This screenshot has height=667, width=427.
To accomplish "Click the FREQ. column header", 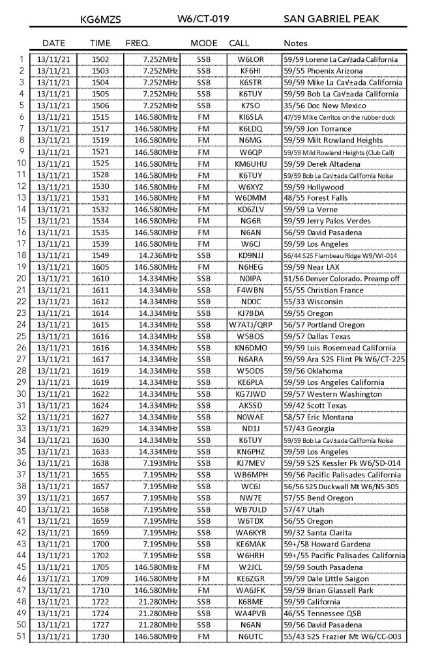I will click(x=138, y=43).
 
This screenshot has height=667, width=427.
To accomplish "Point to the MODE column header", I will click(x=204, y=43).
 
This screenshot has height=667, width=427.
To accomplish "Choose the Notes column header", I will click(x=296, y=43).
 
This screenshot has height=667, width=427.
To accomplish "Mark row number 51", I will click(x=19, y=636).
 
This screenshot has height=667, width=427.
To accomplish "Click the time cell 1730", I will click(x=101, y=636).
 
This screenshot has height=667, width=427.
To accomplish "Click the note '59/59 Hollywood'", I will click(x=313, y=186).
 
